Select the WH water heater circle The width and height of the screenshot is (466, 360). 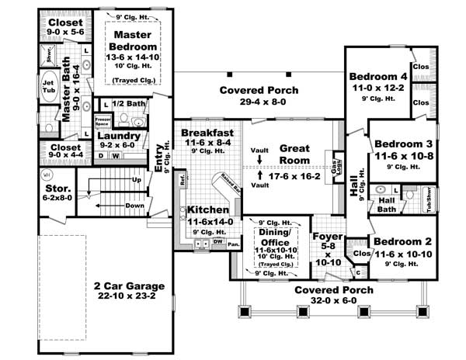47,175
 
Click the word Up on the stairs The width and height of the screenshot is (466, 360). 137,180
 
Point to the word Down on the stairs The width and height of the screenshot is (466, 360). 134,206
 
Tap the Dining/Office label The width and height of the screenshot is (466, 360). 272,233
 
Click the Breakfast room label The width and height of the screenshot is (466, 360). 208,133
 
